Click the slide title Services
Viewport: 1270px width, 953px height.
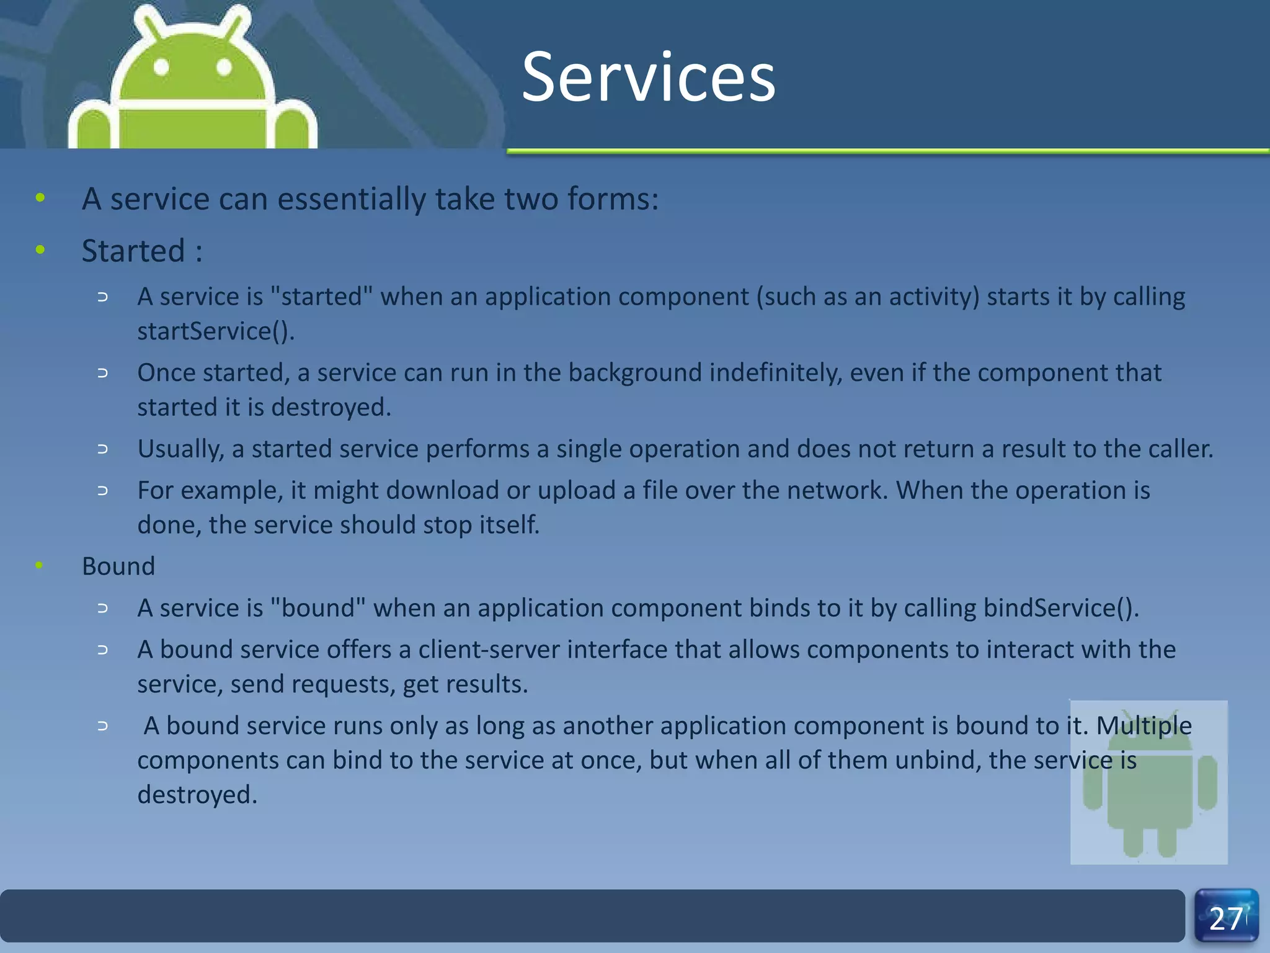pos(648,78)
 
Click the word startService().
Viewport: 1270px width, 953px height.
pos(215,331)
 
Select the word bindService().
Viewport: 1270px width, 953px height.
pos(1061,608)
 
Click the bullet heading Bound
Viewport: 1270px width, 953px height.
pos(118,566)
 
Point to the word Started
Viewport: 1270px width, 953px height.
pos(133,251)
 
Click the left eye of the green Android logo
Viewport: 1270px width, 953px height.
pos(161,67)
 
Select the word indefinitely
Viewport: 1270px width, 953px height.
pos(776,373)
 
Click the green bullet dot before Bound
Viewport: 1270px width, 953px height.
pos(40,565)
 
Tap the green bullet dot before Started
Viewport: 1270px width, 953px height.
pos(40,250)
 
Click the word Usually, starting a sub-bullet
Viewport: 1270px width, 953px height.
pos(180,449)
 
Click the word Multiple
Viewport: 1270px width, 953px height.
pos(1143,726)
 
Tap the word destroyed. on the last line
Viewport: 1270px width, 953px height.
pos(197,795)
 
